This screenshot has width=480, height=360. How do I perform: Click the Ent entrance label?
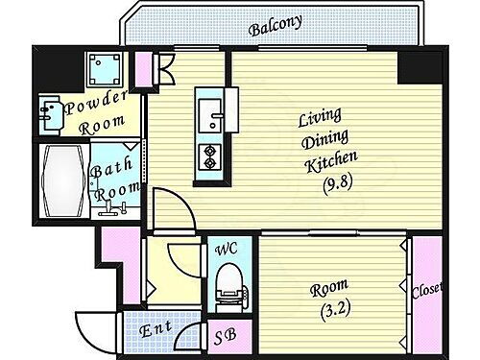[x=156, y=329]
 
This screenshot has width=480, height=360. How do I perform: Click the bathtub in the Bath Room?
[x=63, y=179]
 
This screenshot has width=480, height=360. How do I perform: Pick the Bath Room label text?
[x=113, y=179]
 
